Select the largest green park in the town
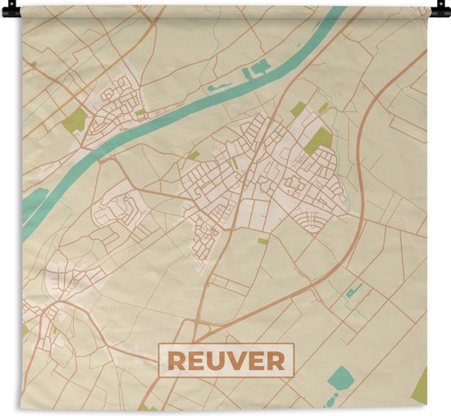point(319,139)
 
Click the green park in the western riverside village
point(75,121)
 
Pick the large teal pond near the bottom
point(340,378)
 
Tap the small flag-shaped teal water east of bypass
point(355,290)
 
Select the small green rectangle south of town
point(262,241)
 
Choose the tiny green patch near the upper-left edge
point(34,64)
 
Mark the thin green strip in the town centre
point(235,163)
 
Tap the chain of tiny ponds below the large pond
point(330,400)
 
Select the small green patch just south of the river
point(194,154)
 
